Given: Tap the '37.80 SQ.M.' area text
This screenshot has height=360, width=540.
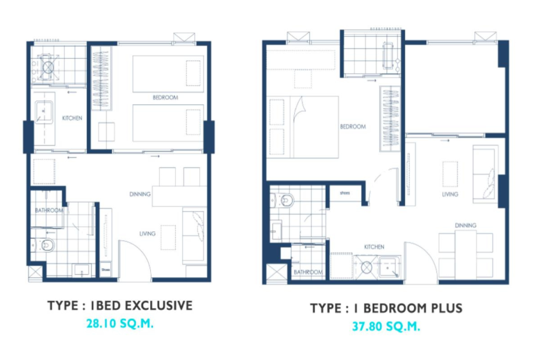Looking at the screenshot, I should [x=386, y=327].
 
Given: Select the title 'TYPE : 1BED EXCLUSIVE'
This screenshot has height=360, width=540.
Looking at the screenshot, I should [x=120, y=306].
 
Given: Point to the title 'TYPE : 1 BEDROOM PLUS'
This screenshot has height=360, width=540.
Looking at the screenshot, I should [x=386, y=308].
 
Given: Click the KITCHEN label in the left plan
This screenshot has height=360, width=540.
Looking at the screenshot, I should [x=72, y=118].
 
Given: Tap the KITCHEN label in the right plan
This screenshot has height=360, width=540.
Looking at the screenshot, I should [x=374, y=247].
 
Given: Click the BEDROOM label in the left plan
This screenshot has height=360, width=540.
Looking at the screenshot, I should [x=165, y=98].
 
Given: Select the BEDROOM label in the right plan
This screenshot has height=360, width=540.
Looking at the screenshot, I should [x=353, y=127].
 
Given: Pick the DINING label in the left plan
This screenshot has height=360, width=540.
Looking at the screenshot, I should [x=140, y=194].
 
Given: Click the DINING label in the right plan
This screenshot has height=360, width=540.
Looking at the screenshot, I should [x=466, y=226].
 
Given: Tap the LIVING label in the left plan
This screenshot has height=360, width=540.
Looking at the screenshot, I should [x=147, y=233].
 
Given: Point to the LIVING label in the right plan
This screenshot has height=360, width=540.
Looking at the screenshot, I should [x=450, y=194].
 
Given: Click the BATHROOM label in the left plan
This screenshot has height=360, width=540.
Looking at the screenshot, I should [x=49, y=210].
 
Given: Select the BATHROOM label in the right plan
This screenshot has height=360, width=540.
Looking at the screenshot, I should [x=308, y=272].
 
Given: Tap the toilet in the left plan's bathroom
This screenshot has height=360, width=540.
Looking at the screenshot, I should [x=46, y=245].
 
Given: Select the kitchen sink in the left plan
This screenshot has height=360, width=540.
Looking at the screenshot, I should [x=44, y=112].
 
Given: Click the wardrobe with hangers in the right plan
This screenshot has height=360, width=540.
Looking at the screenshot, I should [x=389, y=119].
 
